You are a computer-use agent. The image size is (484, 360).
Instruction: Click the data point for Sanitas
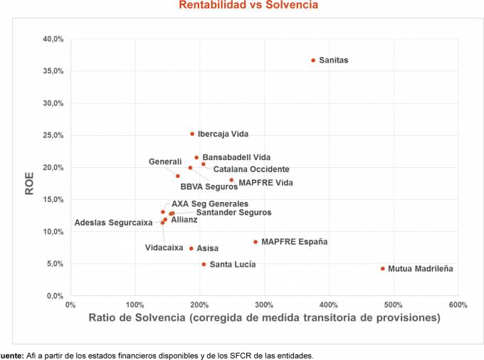313,60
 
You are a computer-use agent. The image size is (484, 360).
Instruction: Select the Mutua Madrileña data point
382,268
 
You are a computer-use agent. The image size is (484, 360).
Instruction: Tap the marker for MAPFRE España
256,242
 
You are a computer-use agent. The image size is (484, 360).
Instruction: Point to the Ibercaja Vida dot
192,134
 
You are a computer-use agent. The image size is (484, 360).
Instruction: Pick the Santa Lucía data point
204,264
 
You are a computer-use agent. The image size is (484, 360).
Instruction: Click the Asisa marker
191,248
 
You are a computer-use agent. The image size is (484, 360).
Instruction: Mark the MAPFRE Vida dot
231,180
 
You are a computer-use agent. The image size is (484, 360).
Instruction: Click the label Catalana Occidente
251,169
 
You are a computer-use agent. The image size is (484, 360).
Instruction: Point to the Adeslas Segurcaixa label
113,223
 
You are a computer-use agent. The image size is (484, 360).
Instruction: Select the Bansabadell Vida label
236,157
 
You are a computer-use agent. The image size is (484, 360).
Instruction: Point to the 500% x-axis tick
393,305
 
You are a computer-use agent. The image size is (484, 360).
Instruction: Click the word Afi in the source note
31,354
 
